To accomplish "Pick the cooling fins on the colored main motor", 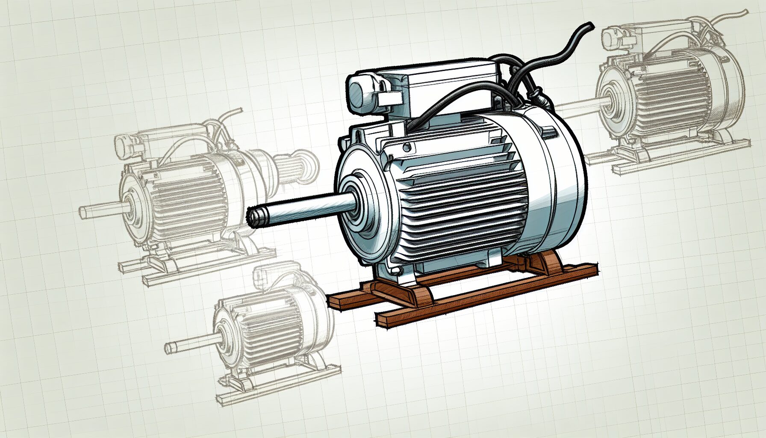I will (462, 201).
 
